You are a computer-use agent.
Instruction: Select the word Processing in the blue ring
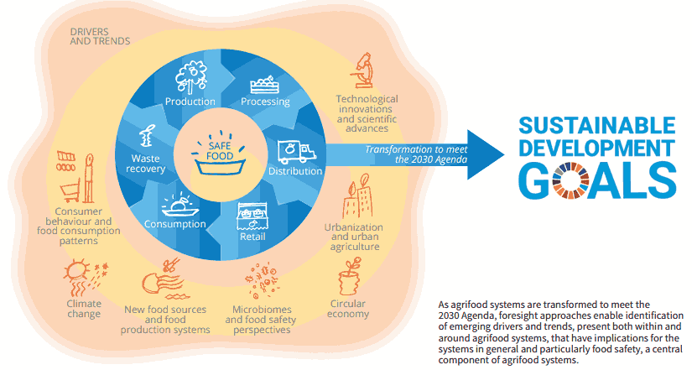(x=265, y=102)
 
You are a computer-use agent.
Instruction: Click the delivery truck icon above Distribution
(x=294, y=151)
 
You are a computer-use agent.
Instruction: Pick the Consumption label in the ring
(x=174, y=224)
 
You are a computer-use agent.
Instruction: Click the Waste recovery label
(x=148, y=164)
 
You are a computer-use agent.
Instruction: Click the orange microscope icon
(x=363, y=71)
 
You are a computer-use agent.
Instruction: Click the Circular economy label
(x=349, y=308)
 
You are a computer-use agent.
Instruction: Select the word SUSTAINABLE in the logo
(x=596, y=128)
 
